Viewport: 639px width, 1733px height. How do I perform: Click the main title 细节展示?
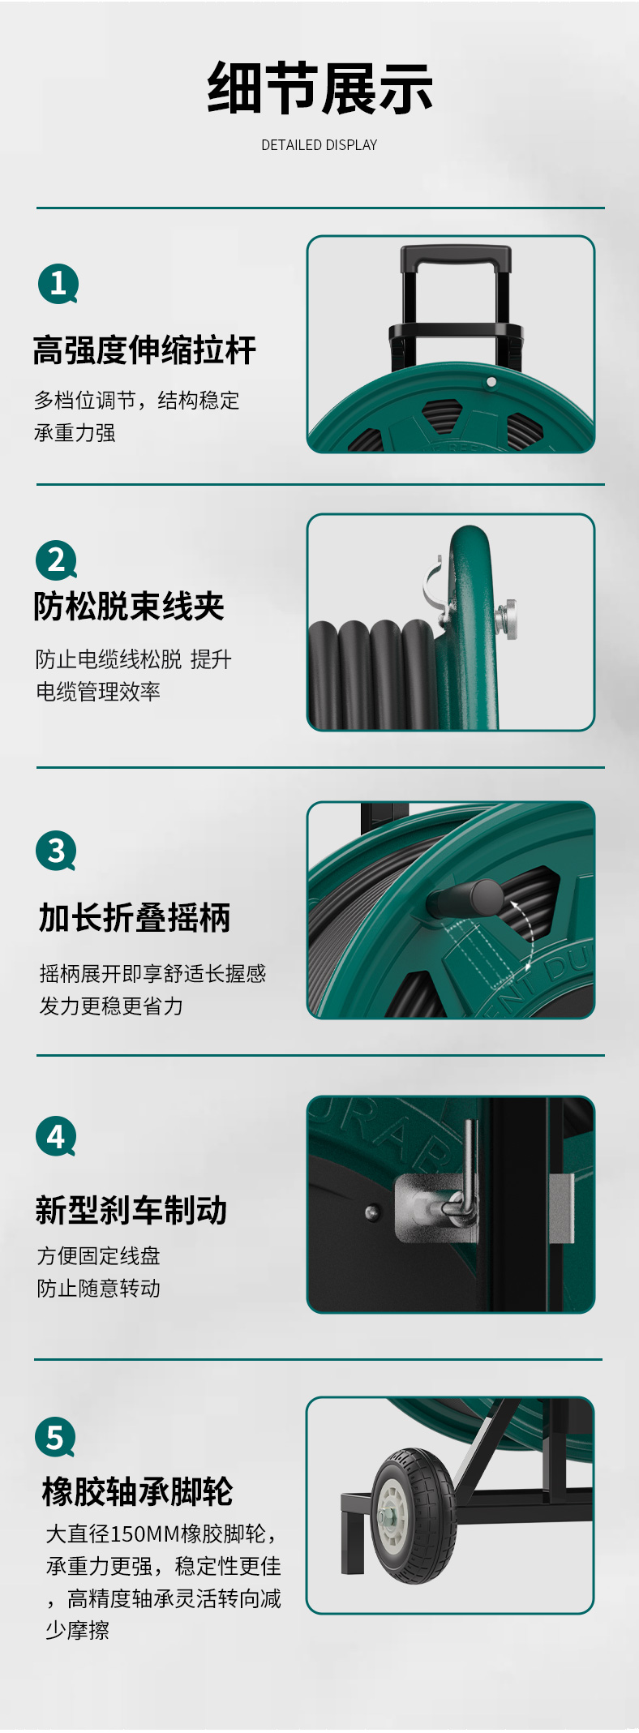click(x=319, y=88)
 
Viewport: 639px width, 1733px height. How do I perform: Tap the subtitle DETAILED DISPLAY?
click(x=319, y=145)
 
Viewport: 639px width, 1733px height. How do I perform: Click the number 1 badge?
click(x=58, y=284)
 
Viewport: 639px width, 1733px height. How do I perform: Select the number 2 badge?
click(x=56, y=560)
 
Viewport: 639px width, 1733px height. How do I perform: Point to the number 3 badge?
click(x=56, y=851)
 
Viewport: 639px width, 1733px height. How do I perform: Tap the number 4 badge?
click(x=56, y=1137)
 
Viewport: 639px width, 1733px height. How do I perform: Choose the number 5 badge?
click(x=55, y=1437)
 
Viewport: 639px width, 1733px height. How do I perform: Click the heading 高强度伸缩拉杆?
click(x=144, y=350)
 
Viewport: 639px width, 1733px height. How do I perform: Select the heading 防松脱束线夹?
click(x=129, y=606)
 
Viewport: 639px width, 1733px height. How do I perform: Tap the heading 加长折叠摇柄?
click(x=135, y=918)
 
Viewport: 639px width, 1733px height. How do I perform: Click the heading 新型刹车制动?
click(x=131, y=1210)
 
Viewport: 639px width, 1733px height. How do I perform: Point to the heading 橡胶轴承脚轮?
click(x=138, y=1491)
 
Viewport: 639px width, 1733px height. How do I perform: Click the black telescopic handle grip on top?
click(x=456, y=259)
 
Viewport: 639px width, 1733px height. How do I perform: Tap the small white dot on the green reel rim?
click(x=491, y=382)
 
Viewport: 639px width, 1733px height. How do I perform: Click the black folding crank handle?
click(x=465, y=899)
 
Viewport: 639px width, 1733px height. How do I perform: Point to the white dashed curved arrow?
click(x=522, y=929)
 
